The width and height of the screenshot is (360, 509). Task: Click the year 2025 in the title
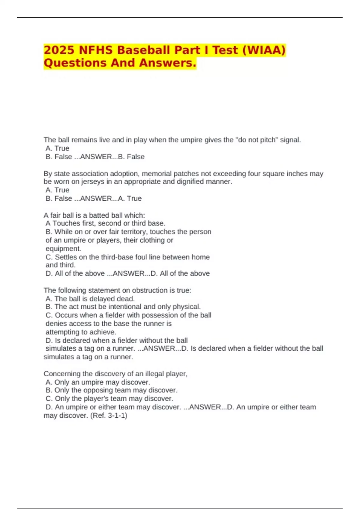coord(58,50)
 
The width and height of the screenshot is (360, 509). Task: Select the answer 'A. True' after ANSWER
coord(130,199)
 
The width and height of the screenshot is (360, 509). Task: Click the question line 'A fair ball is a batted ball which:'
coord(94,215)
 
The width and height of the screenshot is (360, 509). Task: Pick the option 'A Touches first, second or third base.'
coord(105,223)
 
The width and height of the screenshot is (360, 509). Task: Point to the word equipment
coord(63,249)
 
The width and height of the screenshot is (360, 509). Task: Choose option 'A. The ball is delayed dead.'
coord(90,299)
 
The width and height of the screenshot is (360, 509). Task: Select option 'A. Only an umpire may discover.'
coord(98,382)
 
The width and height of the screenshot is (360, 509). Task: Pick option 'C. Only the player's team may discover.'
coord(109,399)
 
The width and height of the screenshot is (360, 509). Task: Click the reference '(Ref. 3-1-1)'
coord(109,416)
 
